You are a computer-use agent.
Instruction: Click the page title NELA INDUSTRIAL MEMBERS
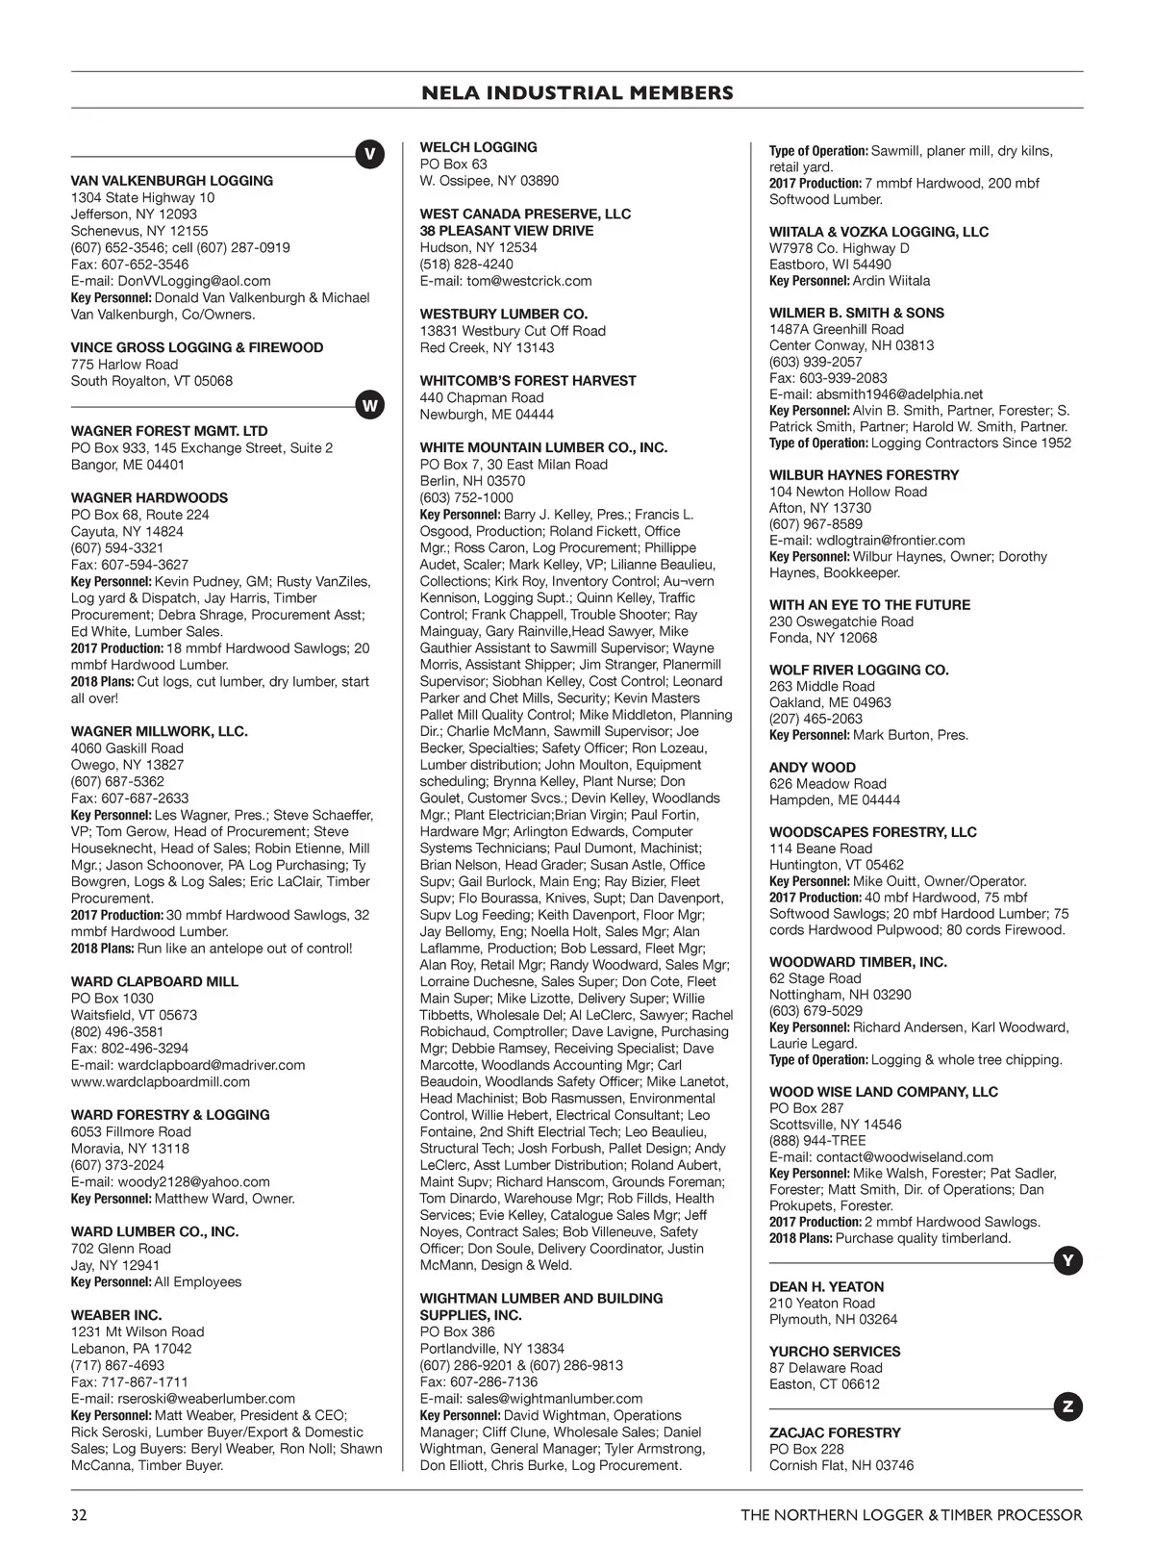(577, 93)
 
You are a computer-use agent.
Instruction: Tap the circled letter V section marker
(369, 155)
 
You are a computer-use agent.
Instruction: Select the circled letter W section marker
(369, 406)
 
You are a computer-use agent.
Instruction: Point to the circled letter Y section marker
(1067, 1260)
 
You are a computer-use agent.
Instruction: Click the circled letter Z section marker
(1067, 1407)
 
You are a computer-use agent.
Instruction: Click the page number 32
(79, 1515)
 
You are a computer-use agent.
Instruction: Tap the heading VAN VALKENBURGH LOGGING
(172, 181)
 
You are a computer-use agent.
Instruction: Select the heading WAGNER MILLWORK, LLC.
(160, 731)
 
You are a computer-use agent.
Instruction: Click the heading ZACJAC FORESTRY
(835, 1432)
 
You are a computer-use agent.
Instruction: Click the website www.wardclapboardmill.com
(161, 1081)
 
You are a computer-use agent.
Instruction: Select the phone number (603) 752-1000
(466, 497)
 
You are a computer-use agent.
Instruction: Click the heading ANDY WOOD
(812, 768)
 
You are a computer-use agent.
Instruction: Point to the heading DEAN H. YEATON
(826, 1287)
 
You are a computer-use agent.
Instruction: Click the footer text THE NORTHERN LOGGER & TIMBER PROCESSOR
(911, 1515)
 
